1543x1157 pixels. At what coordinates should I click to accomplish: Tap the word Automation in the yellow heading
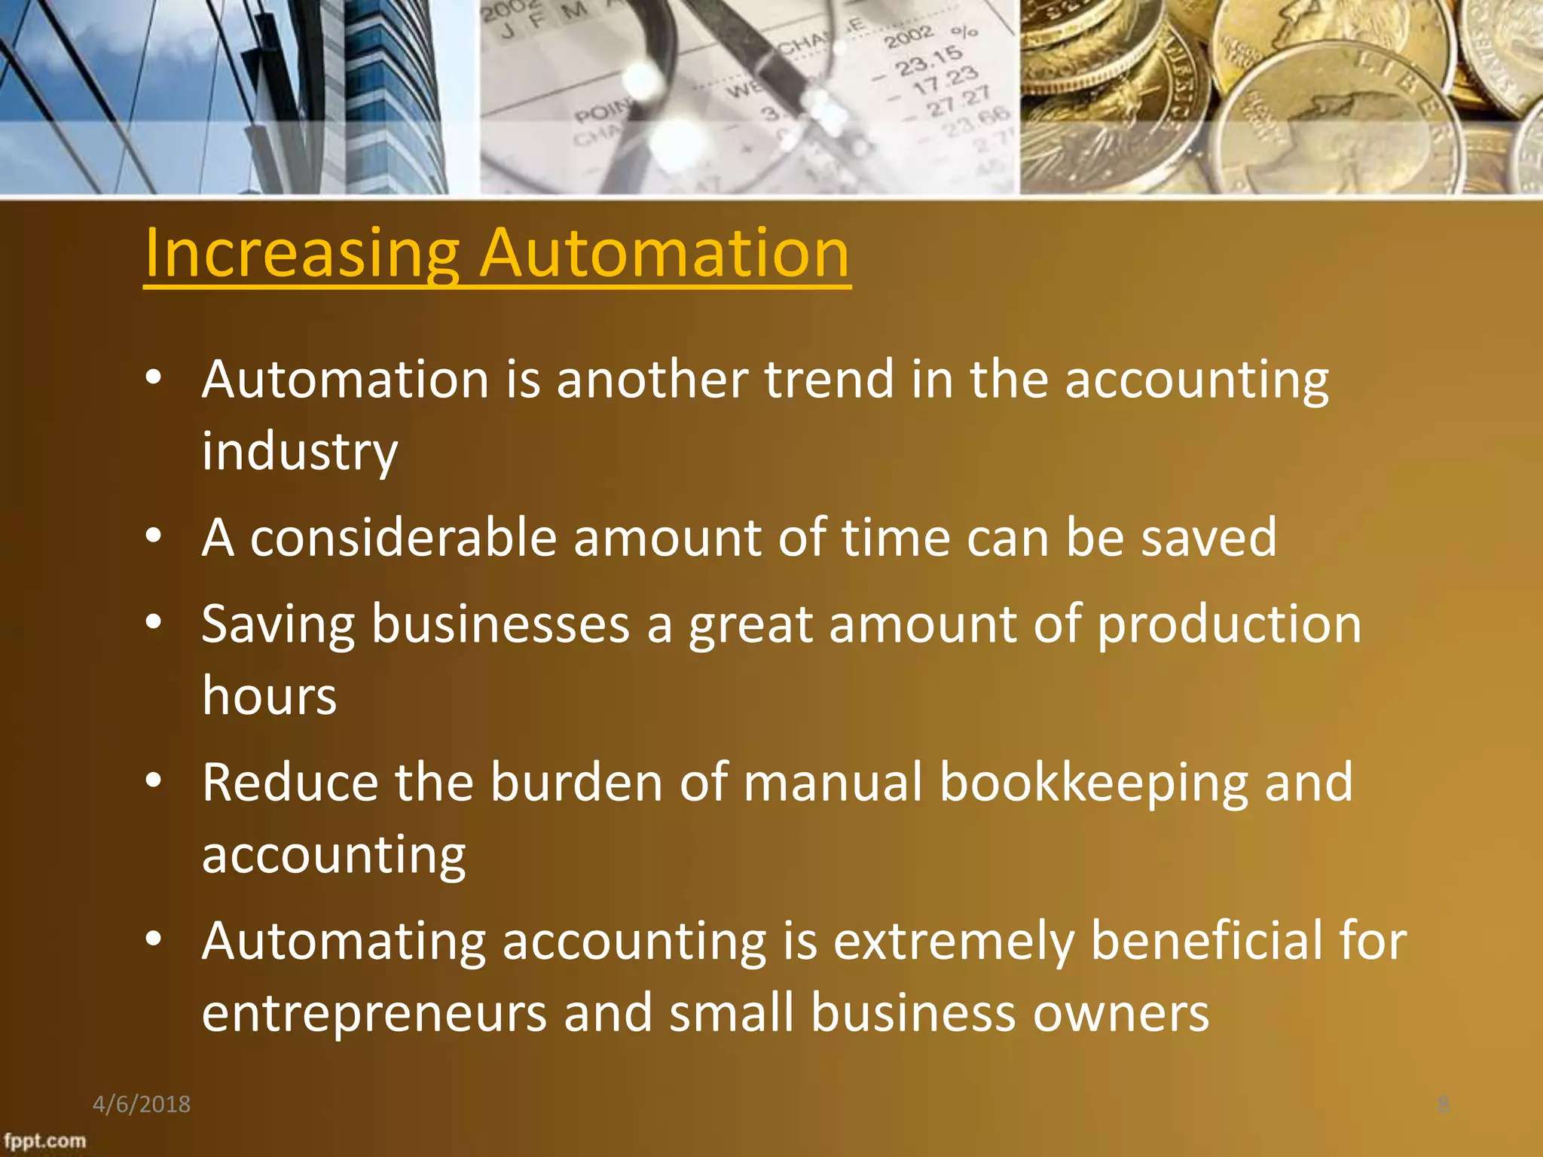[665, 254]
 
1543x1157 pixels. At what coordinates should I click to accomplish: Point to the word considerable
[403, 538]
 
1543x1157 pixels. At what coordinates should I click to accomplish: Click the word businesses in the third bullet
[500, 624]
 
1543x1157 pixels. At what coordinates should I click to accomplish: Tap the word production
[1229, 624]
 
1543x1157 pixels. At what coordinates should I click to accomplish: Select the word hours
[269, 695]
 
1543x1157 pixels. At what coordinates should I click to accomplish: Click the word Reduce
[289, 783]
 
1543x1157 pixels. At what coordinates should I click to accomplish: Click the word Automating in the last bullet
[344, 942]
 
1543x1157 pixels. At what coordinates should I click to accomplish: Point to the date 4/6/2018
[142, 1104]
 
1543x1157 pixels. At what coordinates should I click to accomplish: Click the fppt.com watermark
[44, 1140]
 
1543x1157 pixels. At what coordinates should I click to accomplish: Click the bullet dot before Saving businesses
[154, 622]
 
